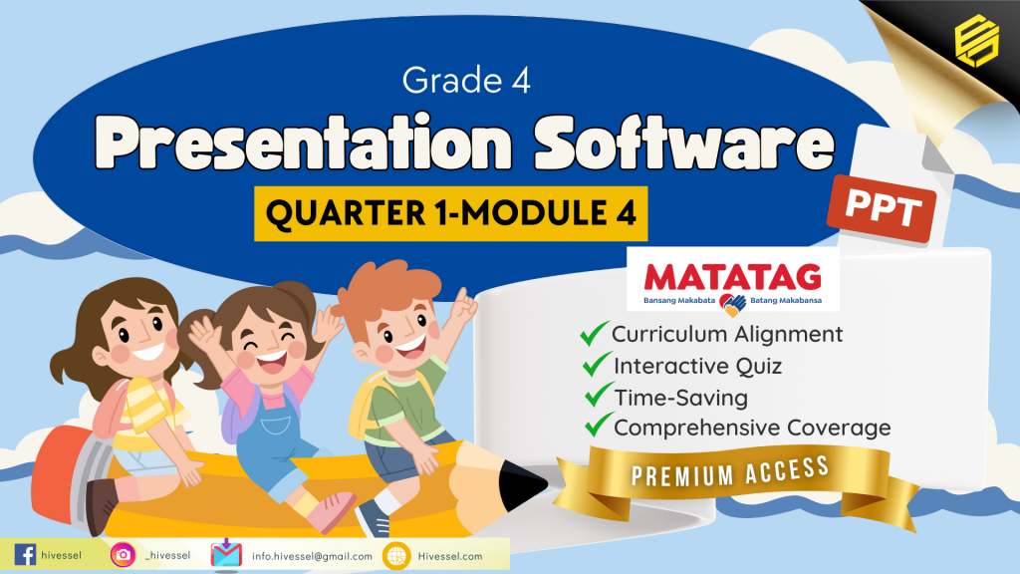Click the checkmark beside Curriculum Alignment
coord(596,334)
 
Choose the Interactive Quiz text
coord(697,366)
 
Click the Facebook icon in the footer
coord(26,554)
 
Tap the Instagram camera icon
coord(124,555)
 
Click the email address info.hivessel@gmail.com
coord(312,556)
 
